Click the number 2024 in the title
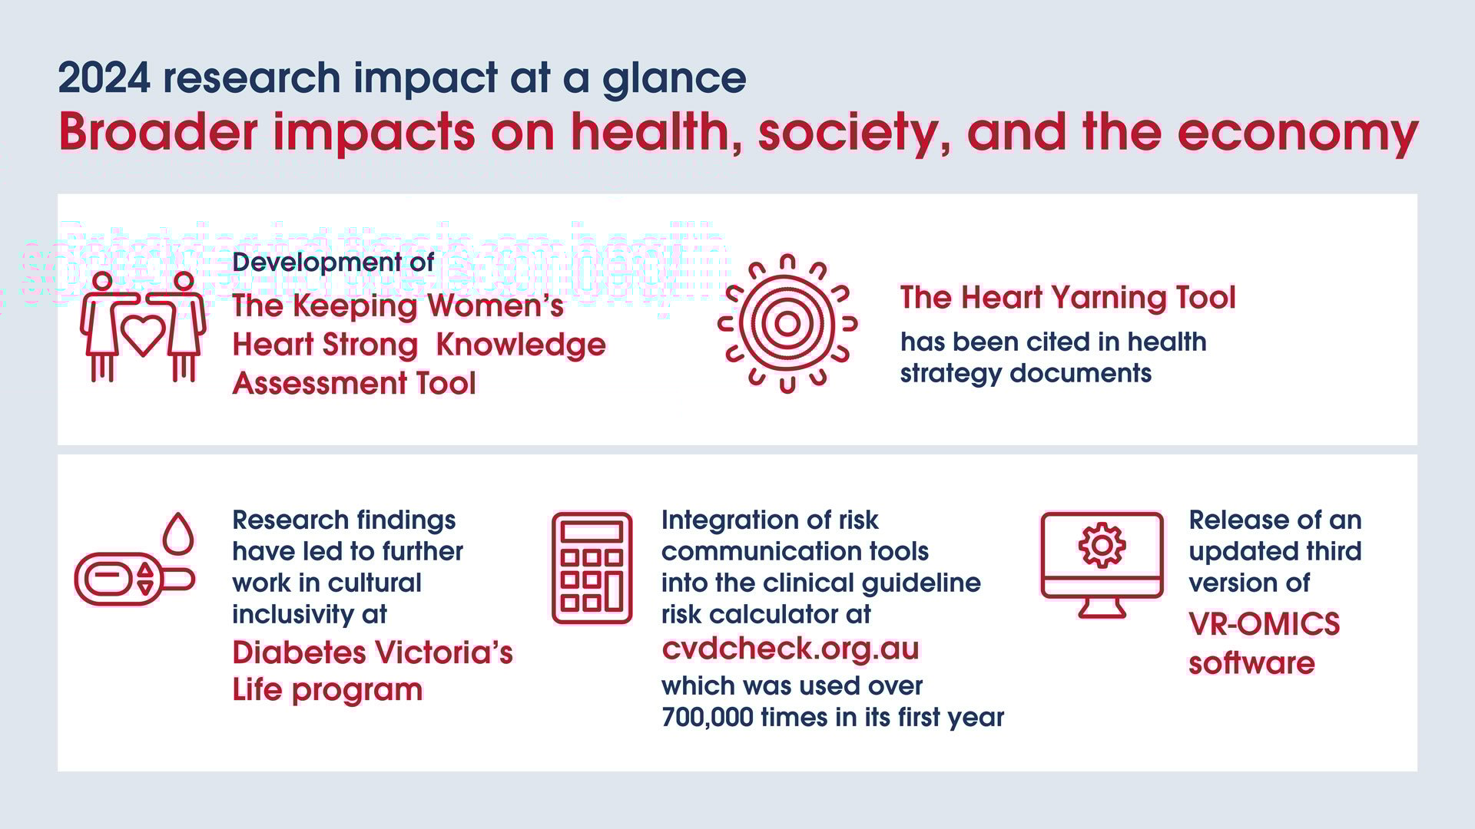[x=104, y=78]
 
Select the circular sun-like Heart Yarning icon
[x=787, y=323]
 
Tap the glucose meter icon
[x=131, y=578]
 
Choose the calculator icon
[x=592, y=568]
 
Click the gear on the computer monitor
[x=1102, y=545]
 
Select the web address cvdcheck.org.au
[x=790, y=649]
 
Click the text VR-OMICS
[x=1264, y=624]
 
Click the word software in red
[x=1251, y=663]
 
